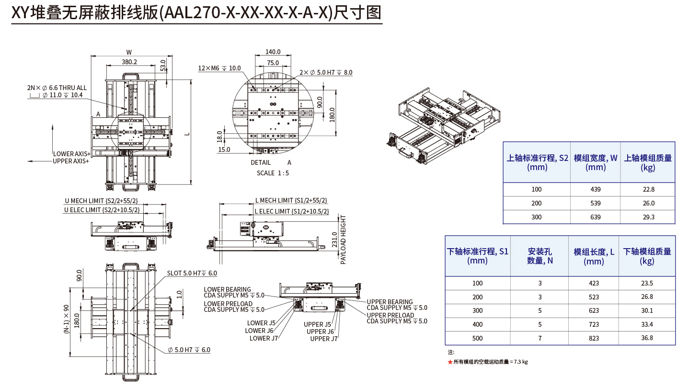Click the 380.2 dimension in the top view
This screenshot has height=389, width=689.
click(x=129, y=62)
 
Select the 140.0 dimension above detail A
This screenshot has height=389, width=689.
click(x=273, y=52)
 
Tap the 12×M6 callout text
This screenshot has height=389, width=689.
click(x=219, y=69)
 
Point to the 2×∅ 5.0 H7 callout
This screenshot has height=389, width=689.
click(x=326, y=72)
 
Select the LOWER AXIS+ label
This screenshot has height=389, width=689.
click(x=71, y=154)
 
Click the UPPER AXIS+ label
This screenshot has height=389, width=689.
click(x=71, y=161)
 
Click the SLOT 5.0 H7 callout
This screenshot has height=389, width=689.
click(x=192, y=273)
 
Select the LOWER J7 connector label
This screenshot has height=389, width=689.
click(x=264, y=339)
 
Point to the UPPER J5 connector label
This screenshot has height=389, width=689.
click(x=317, y=324)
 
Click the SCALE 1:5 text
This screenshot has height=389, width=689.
click(x=273, y=173)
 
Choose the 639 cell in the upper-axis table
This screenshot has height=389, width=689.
click(x=595, y=217)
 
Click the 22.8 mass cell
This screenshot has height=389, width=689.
click(x=648, y=189)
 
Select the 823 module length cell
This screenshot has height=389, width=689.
click(x=594, y=338)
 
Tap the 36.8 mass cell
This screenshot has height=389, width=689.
click(x=647, y=338)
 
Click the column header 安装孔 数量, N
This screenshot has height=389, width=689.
click(x=540, y=256)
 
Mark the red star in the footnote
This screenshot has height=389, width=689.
click(x=450, y=362)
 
